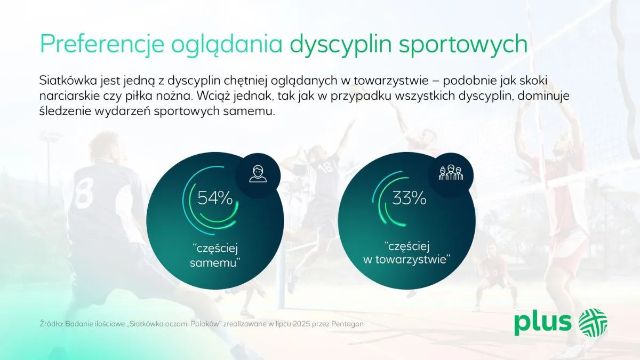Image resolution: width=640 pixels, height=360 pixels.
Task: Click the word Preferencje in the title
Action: pyautogui.click(x=102, y=44)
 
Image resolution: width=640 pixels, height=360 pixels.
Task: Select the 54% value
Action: pyautogui.click(x=215, y=198)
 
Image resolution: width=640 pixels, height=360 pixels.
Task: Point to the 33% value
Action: pyautogui.click(x=409, y=198)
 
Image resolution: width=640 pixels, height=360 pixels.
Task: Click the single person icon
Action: pyautogui.click(x=258, y=174)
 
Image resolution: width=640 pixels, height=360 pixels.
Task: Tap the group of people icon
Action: pyautogui.click(x=451, y=173)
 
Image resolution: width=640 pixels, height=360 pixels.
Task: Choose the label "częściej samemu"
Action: pyautogui.click(x=214, y=255)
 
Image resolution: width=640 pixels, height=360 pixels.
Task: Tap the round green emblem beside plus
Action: pyautogui.click(x=593, y=322)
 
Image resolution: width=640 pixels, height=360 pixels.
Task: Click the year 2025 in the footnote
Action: pyautogui.click(x=298, y=324)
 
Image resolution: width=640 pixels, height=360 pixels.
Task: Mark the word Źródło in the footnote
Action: pyautogui.click(x=51, y=324)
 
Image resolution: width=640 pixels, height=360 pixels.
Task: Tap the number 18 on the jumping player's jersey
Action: pyautogui.click(x=326, y=168)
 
